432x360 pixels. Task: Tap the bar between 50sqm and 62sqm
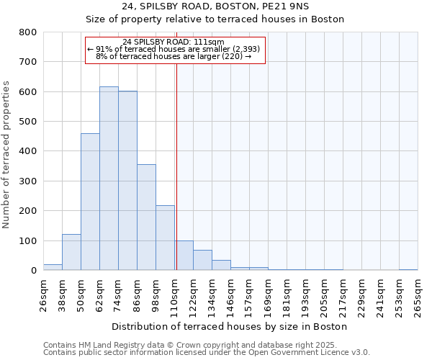click(x=90, y=202)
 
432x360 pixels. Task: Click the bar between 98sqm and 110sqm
click(x=165, y=238)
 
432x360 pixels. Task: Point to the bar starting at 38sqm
click(x=71, y=252)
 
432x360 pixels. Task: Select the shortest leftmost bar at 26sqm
click(x=53, y=267)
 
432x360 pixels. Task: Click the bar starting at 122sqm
click(x=202, y=260)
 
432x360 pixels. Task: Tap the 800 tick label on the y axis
click(x=28, y=32)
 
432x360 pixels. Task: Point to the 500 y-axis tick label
click(x=28, y=122)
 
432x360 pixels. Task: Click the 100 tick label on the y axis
click(x=28, y=240)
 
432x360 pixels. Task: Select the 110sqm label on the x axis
click(x=175, y=294)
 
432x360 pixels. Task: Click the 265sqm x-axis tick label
click(x=418, y=294)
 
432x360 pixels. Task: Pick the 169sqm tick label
click(x=269, y=294)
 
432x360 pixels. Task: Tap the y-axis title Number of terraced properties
click(x=6, y=151)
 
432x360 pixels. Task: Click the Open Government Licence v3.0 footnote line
click(x=207, y=352)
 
